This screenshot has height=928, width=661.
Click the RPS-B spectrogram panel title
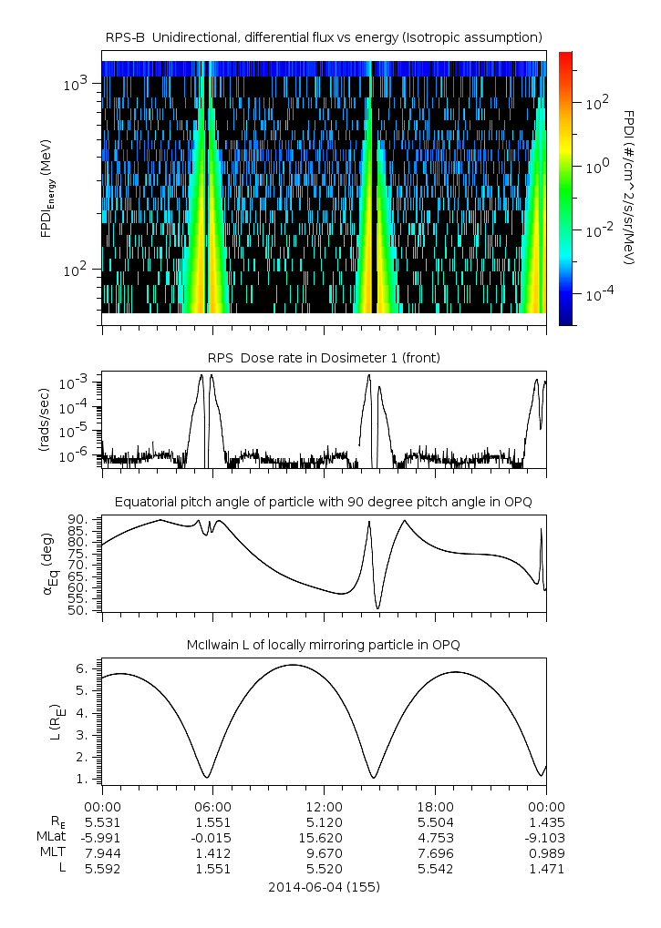[x=324, y=36]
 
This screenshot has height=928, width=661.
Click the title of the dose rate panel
[x=324, y=358]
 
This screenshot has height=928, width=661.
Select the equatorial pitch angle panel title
[x=324, y=502]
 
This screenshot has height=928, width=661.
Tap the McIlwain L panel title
[x=324, y=645]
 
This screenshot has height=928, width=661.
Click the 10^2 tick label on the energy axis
[x=78, y=270]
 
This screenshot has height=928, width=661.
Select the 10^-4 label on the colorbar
[x=596, y=294]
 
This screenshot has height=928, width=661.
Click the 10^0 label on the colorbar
[x=596, y=167]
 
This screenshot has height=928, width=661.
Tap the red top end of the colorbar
[x=565, y=56]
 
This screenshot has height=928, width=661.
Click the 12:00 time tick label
[x=324, y=806]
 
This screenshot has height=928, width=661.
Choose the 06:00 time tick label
[x=212, y=806]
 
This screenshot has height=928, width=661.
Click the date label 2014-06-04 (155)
[x=324, y=886]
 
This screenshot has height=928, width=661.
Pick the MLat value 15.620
[x=324, y=837]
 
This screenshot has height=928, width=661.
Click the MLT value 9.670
[x=324, y=853]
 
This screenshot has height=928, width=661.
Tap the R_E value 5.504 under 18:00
[x=435, y=821]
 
